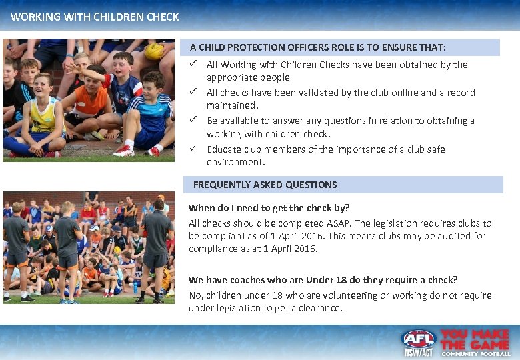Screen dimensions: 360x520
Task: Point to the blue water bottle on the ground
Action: point(136,287)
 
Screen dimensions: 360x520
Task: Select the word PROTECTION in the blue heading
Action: point(255,47)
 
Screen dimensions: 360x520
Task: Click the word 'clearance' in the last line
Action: point(319,308)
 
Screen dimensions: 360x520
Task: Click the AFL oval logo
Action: point(418,339)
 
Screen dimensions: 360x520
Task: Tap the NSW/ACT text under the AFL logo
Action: point(418,351)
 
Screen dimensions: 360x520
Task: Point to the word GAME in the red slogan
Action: point(488,344)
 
